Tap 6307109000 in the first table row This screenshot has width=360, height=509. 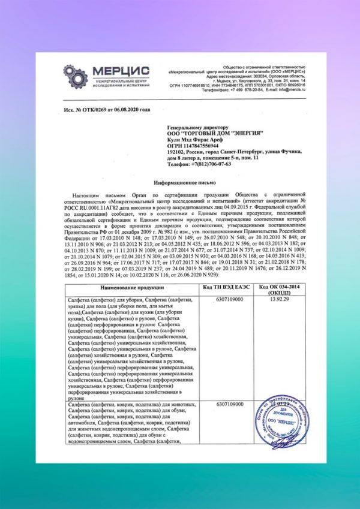pyautogui.click(x=223, y=299)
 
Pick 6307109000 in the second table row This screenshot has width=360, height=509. pyautogui.click(x=223, y=405)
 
